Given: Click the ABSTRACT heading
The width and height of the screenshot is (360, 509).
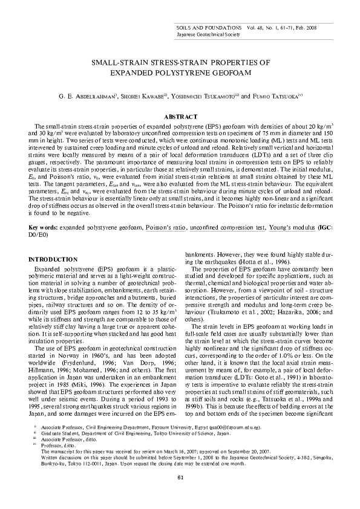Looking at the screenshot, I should pyautogui.click(x=180, y=115).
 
